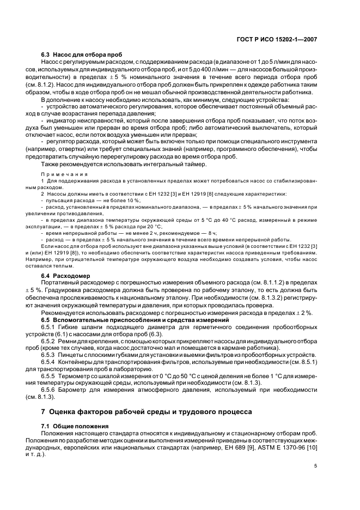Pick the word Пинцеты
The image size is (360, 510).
click(x=71, y=354)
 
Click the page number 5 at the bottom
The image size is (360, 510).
click(x=315, y=466)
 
